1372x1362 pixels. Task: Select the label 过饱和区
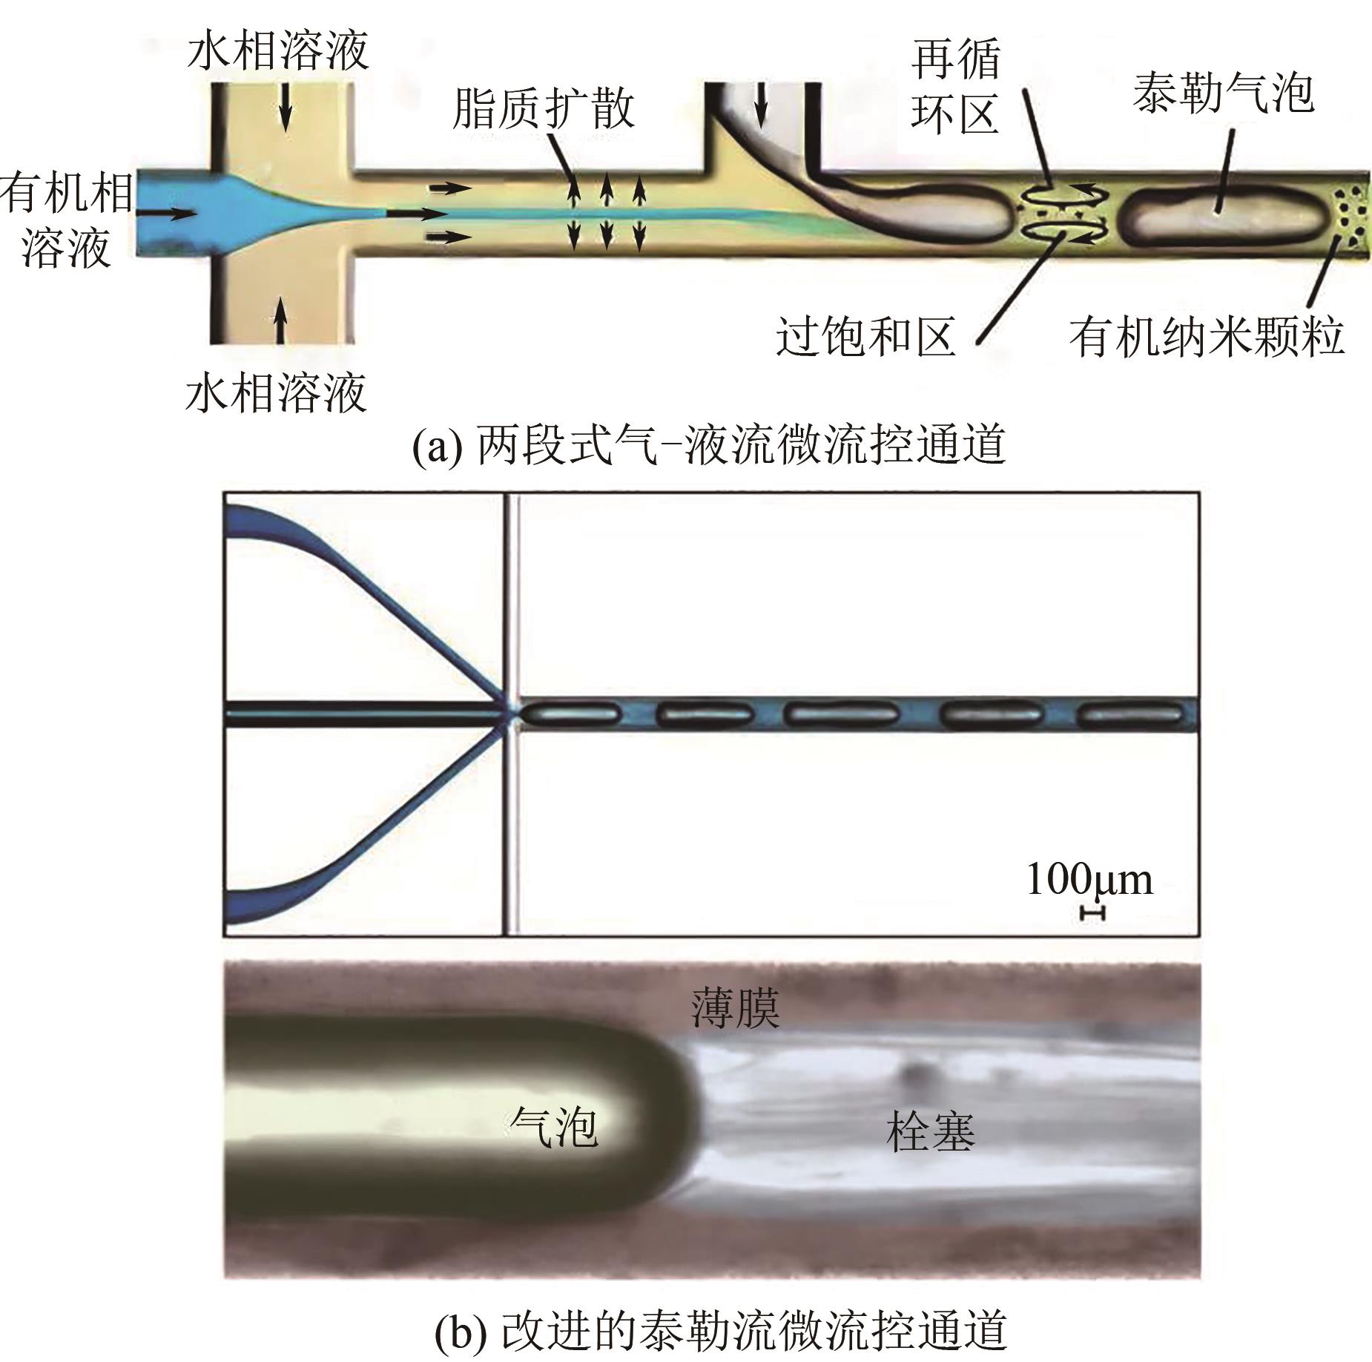865,338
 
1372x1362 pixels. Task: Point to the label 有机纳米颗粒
1207,338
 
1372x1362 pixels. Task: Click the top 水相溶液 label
278,52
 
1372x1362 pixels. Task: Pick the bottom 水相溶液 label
276,393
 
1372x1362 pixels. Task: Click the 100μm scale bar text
1089,880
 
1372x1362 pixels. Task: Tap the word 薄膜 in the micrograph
735,1008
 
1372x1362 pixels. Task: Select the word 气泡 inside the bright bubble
553,1128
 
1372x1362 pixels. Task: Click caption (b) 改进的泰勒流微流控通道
719,1330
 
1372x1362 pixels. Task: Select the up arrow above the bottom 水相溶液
280,319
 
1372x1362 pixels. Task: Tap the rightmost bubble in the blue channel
1130,715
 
